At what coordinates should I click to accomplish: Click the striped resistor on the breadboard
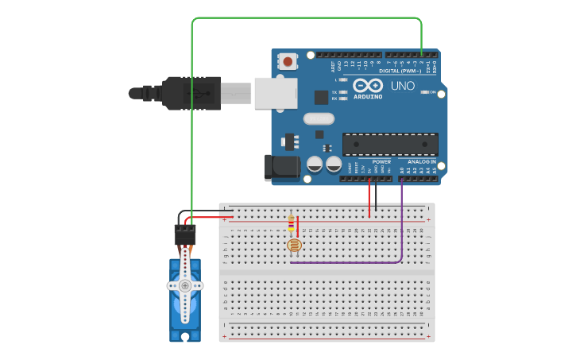click(x=292, y=224)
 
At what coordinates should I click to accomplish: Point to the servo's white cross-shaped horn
click(x=185, y=285)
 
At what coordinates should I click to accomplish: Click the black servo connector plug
click(x=185, y=234)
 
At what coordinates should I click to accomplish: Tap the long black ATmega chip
click(x=390, y=144)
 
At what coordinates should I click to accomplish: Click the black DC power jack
click(x=280, y=166)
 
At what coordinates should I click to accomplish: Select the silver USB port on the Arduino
click(x=275, y=93)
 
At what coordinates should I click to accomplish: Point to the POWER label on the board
click(x=381, y=161)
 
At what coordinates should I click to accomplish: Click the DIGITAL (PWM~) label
click(x=400, y=71)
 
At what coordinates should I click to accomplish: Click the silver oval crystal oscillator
click(x=319, y=119)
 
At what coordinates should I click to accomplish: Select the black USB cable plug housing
click(x=191, y=93)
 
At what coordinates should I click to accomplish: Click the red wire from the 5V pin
click(x=369, y=199)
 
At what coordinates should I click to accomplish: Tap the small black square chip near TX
click(x=321, y=97)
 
